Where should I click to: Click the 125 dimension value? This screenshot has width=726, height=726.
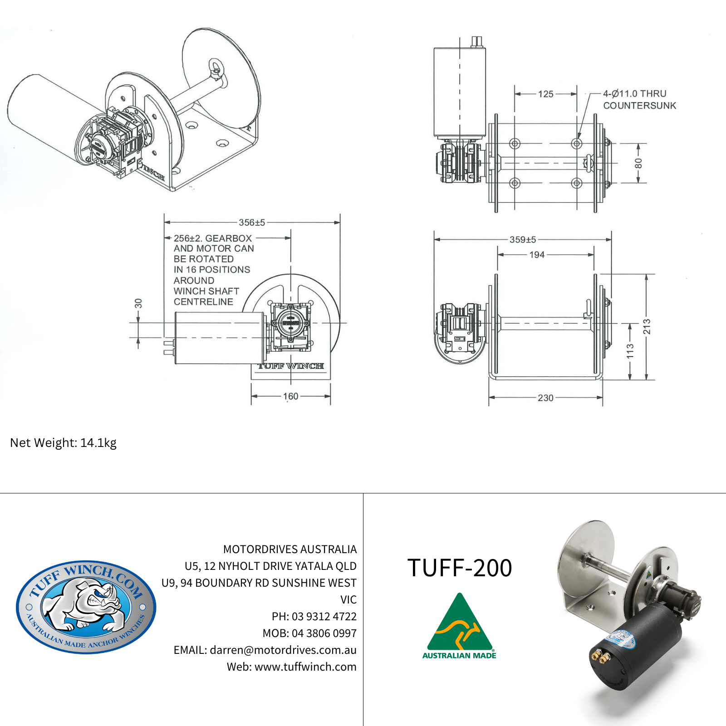point(545,94)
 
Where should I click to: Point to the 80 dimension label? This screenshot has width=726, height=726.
point(638,163)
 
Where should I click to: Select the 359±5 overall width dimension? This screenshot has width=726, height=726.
point(523,240)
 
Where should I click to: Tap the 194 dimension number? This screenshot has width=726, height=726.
point(537,255)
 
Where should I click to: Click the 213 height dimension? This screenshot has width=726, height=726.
point(647,327)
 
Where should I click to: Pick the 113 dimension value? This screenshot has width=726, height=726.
point(630,351)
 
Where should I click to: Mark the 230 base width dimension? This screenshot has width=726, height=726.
point(545,398)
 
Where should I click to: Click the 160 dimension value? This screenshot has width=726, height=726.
point(291,396)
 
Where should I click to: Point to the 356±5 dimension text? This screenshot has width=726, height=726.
point(252,222)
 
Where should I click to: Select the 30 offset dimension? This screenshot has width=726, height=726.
point(138,304)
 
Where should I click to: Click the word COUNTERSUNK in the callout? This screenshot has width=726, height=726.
point(639,106)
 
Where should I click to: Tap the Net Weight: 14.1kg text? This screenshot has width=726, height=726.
point(64,443)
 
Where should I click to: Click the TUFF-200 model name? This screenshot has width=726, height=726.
point(460,568)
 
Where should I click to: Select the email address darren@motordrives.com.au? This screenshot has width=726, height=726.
point(283,650)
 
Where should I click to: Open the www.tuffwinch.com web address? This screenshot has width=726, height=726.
point(305,667)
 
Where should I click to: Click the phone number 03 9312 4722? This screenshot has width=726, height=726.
point(324,617)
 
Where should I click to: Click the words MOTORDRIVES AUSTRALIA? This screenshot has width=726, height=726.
point(290,549)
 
